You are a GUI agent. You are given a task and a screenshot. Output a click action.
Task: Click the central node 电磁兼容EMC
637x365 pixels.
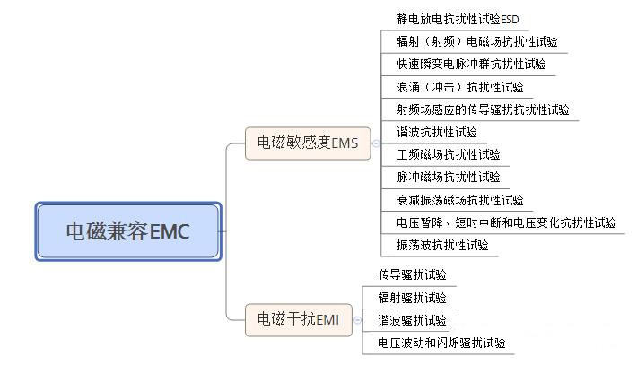128,231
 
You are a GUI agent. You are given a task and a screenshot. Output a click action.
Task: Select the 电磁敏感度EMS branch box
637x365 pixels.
307,143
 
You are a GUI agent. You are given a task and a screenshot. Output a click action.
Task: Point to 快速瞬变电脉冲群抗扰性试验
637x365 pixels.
470,64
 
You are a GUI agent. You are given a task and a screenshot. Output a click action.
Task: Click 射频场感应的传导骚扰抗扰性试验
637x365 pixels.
483,109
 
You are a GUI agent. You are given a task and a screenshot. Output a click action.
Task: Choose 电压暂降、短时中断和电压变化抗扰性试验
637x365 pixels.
506,222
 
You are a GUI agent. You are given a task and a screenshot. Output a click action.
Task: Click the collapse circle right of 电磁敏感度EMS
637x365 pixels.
375,143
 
